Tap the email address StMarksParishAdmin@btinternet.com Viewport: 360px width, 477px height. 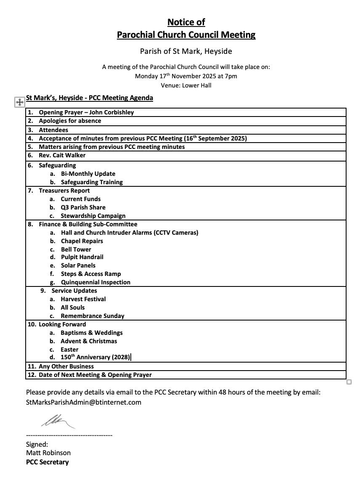[84, 402]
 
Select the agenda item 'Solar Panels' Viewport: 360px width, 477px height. [78, 265]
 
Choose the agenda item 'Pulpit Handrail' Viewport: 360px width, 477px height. [82, 257]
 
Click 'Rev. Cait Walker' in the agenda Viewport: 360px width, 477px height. [62, 155]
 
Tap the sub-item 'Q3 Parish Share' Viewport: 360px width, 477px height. [83, 207]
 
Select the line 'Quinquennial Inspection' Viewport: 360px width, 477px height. [95, 282]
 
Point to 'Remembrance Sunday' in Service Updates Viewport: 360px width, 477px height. [93, 316]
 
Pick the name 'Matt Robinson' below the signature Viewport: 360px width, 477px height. [48, 453]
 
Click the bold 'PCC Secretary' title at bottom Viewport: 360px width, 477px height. [47, 462]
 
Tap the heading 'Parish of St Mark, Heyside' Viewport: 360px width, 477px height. [186, 51]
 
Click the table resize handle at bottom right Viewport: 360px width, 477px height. [349, 382]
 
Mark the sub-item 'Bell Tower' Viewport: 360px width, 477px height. [76, 249]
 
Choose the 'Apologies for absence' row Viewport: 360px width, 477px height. [70, 121]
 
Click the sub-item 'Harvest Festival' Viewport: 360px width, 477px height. [83, 299]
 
